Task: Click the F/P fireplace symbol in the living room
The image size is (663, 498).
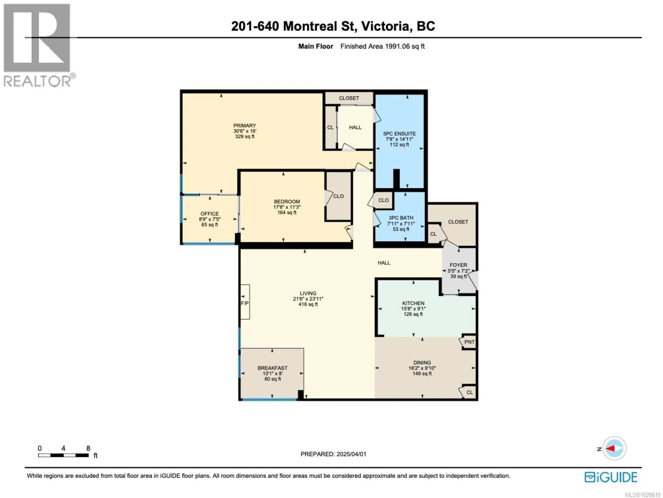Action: tap(245, 303)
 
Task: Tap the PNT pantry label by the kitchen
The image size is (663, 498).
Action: tap(469, 342)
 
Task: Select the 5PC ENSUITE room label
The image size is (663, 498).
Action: tap(400, 134)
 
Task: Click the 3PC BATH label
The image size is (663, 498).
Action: tap(401, 218)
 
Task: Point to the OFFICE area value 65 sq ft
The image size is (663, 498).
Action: tap(209, 225)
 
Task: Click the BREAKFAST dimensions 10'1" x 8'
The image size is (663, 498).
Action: tap(272, 373)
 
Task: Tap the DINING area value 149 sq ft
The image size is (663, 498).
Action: tap(422, 373)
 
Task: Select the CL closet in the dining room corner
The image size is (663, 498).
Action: tap(470, 392)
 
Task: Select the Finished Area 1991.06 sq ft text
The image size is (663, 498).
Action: tap(382, 46)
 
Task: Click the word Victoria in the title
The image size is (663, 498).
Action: tap(385, 26)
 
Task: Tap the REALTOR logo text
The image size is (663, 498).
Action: tap(37, 81)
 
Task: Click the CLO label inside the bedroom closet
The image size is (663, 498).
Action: tap(338, 196)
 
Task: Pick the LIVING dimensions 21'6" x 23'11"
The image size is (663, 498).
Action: tap(308, 299)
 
